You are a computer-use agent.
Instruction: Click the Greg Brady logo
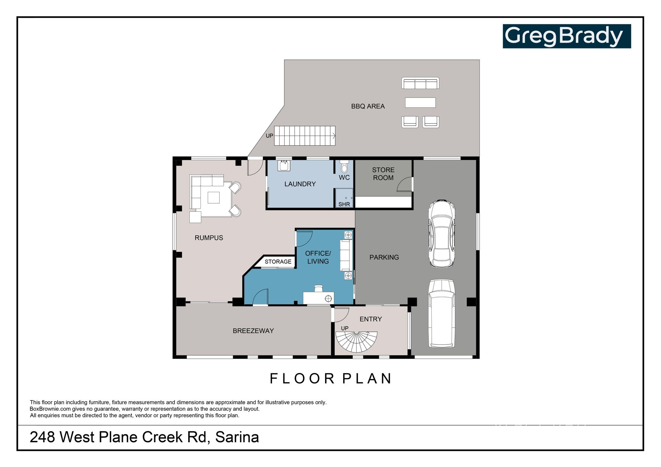567,36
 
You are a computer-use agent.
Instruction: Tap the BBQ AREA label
368,106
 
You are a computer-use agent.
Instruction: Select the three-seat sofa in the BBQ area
420,83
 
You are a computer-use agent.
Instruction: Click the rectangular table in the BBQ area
420,103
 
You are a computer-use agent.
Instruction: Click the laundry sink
284,166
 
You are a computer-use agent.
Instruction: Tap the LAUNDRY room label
300,184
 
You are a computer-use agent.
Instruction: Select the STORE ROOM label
383,174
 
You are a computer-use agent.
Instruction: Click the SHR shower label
344,204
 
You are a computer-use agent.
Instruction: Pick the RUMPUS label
209,238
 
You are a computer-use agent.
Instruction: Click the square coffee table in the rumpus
213,198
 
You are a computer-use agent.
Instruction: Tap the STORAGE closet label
278,262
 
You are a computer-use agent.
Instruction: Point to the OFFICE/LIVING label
318,257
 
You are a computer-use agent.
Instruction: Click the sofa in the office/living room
346,255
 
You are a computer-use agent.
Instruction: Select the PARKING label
384,257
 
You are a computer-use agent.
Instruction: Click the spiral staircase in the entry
357,342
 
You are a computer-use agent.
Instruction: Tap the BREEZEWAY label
253,331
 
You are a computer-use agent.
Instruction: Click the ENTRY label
370,319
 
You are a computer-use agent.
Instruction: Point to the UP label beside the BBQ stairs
269,136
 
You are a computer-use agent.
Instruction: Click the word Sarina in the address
237,437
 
